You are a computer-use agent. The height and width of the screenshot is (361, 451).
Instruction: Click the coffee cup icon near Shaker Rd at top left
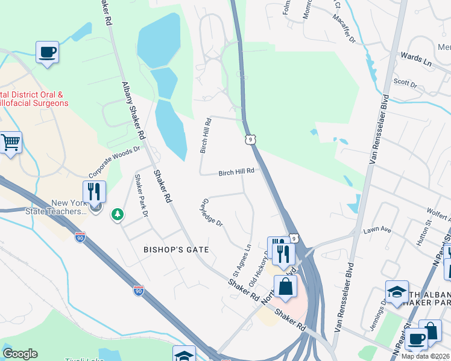coord(46,52)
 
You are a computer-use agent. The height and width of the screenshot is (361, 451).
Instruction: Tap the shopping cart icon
coord(11,143)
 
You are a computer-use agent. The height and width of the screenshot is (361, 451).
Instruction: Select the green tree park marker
coord(117,214)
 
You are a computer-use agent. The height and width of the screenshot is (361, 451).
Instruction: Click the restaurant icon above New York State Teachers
coord(94,192)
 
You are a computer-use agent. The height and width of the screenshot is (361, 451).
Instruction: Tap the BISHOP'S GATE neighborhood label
coord(176,249)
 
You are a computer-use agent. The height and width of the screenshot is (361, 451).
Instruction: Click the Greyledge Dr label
coord(213,212)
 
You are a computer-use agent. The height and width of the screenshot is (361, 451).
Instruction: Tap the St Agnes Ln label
coord(241,256)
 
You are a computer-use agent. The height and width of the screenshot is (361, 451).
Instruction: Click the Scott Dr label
coord(405,83)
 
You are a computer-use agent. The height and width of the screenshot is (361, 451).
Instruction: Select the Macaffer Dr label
coord(344,26)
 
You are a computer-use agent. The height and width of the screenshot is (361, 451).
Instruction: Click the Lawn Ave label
coord(377,230)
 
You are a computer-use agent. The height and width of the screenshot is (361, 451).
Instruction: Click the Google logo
coord(20,354)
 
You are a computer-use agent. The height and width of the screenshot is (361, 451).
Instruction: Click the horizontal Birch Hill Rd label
coord(236,171)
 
